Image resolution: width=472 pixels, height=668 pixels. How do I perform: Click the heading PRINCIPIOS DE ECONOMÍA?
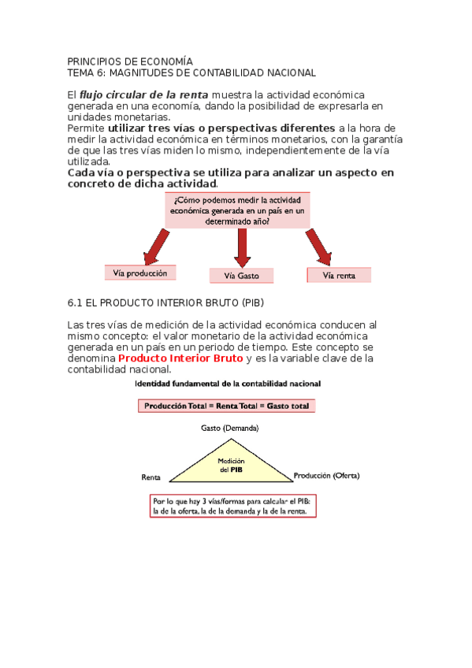(129, 61)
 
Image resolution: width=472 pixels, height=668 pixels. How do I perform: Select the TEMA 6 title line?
(191, 72)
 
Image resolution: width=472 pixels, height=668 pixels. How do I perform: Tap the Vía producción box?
(140, 273)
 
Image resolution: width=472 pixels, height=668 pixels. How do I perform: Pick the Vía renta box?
(339, 275)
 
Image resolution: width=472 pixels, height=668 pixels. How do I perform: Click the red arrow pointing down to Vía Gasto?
(242, 247)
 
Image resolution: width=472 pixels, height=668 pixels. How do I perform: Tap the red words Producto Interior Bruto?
(180, 358)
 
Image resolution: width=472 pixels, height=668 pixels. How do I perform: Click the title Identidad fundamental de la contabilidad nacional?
(228, 384)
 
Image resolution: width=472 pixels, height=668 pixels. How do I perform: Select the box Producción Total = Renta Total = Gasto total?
(227, 406)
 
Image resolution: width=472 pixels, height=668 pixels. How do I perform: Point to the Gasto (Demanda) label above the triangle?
(229, 428)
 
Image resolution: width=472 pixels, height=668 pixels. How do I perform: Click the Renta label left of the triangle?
(151, 477)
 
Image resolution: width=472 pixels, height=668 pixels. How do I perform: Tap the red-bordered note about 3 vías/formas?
(234, 506)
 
